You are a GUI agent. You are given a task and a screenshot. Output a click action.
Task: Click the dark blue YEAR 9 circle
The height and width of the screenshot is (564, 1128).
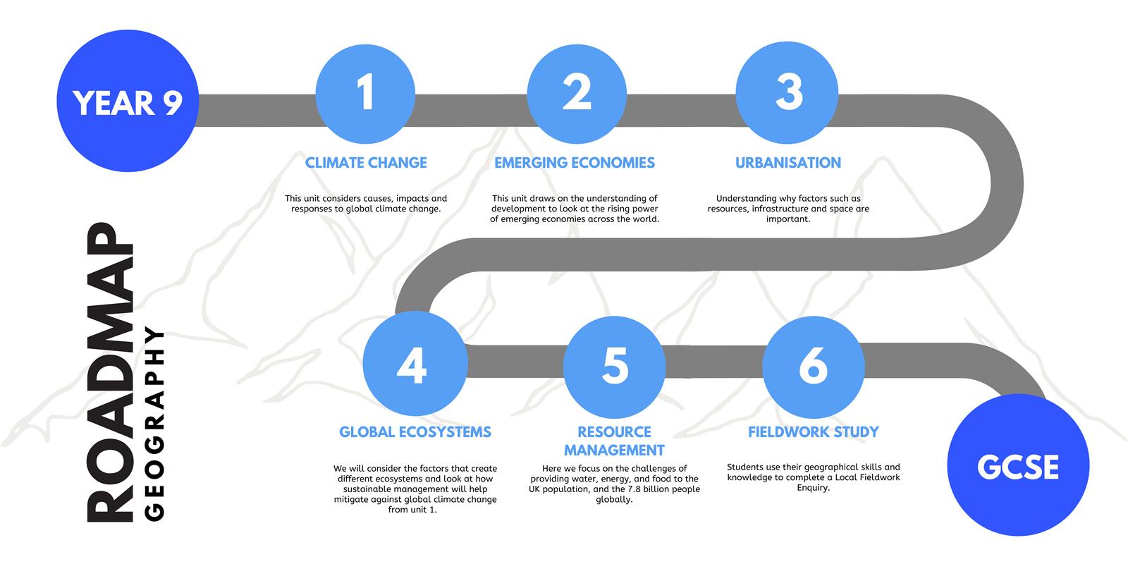pyautogui.click(x=128, y=101)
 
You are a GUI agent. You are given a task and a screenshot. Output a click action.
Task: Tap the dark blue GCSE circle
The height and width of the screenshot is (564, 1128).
pyautogui.click(x=1018, y=465)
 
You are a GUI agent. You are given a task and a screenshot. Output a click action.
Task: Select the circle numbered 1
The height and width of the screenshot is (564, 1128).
pyautogui.click(x=366, y=94)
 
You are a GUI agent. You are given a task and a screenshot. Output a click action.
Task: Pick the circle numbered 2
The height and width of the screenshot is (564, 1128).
pyautogui.click(x=577, y=94)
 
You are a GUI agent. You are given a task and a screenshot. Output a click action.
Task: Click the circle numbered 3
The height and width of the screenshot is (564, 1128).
pyautogui.click(x=787, y=92)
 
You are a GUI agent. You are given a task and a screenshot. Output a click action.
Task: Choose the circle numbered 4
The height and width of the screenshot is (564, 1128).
pyautogui.click(x=415, y=364)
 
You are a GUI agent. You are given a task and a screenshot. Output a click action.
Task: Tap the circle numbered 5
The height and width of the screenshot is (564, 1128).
pyautogui.click(x=614, y=367)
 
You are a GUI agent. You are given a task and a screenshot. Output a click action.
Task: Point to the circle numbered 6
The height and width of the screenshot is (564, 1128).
pyautogui.click(x=814, y=367)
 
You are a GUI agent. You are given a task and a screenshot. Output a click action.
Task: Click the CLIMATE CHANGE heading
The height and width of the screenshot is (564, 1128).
pyautogui.click(x=366, y=163)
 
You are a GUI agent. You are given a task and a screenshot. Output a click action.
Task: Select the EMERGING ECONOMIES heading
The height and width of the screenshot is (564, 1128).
pyautogui.click(x=575, y=163)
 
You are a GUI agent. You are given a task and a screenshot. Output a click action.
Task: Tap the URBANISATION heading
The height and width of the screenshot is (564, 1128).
pyautogui.click(x=788, y=163)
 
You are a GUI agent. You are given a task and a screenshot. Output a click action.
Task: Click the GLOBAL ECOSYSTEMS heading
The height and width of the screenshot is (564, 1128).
pyautogui.click(x=415, y=432)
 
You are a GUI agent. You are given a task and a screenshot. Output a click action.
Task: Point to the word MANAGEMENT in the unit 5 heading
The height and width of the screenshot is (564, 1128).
pyautogui.click(x=614, y=450)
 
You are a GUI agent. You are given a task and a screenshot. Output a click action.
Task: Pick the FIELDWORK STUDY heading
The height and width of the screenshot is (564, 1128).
pyautogui.click(x=814, y=432)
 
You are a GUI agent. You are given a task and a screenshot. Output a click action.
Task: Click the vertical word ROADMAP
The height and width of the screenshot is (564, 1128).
pyautogui.click(x=110, y=373)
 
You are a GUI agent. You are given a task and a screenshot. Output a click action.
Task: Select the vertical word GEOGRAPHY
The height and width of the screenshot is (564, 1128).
pyautogui.click(x=154, y=424)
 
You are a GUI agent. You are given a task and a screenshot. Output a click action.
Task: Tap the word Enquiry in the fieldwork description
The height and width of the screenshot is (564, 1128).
pyautogui.click(x=814, y=488)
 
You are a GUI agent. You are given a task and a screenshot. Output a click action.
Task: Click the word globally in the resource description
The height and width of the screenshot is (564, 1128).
pyautogui.click(x=614, y=500)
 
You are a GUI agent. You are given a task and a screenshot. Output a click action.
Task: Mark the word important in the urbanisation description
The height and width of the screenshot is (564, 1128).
pyautogui.click(x=789, y=219)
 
